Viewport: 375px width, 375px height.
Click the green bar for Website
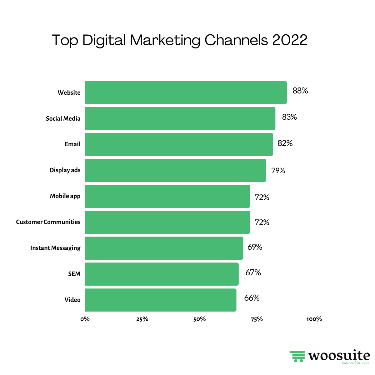click(x=186, y=92)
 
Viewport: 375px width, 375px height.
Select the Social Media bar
click(x=180, y=118)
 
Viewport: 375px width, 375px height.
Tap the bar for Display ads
click(x=175, y=170)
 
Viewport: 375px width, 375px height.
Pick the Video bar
click(x=160, y=300)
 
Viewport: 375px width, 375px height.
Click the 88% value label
click(x=300, y=91)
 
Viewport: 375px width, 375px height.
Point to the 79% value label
click(x=278, y=171)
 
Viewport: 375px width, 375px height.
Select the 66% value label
click(x=252, y=298)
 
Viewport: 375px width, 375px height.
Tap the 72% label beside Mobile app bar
click(x=262, y=197)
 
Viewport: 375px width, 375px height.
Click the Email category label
click(x=72, y=144)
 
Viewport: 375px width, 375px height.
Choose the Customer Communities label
click(x=48, y=222)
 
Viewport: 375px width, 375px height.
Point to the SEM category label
click(x=74, y=274)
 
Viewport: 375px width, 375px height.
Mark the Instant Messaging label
click(x=55, y=248)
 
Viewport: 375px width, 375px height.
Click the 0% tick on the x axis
click(x=85, y=319)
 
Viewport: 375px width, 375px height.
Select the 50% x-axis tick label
click(x=199, y=319)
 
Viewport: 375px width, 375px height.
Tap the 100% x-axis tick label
click(x=314, y=319)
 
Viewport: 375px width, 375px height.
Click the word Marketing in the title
click(x=165, y=41)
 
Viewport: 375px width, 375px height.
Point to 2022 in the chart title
click(x=290, y=40)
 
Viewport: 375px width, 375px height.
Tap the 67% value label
click(x=253, y=273)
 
